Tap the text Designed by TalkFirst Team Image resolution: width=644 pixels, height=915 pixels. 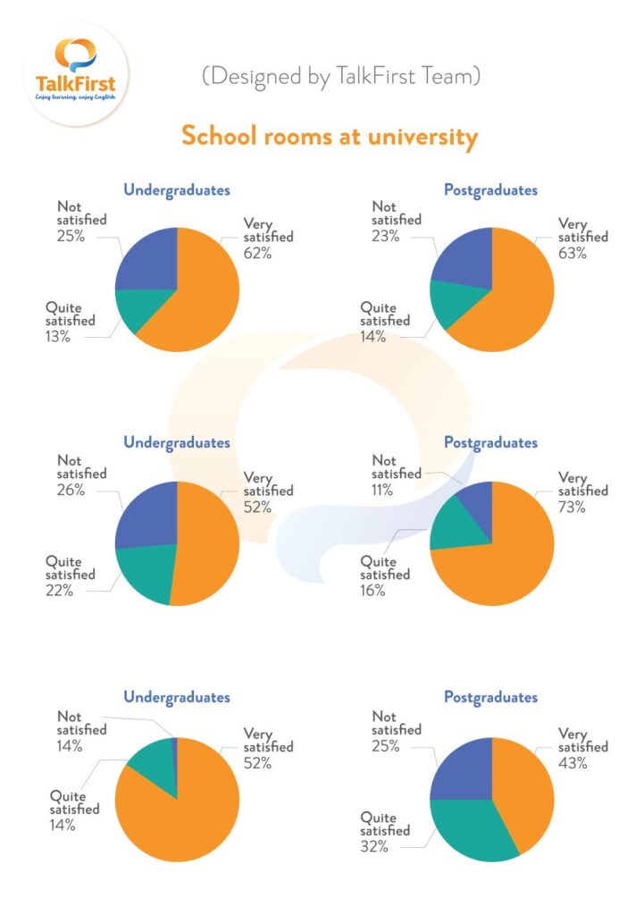341,77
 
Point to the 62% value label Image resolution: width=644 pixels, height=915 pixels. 257,253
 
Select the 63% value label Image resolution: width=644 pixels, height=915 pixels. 572,253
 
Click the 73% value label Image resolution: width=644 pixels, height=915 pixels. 572,507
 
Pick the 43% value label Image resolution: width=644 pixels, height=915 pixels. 572,762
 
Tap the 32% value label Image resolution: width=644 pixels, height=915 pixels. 374,846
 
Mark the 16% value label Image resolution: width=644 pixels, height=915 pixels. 374,591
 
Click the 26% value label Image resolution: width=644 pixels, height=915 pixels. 71,490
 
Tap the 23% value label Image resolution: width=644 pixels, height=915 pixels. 385,236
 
